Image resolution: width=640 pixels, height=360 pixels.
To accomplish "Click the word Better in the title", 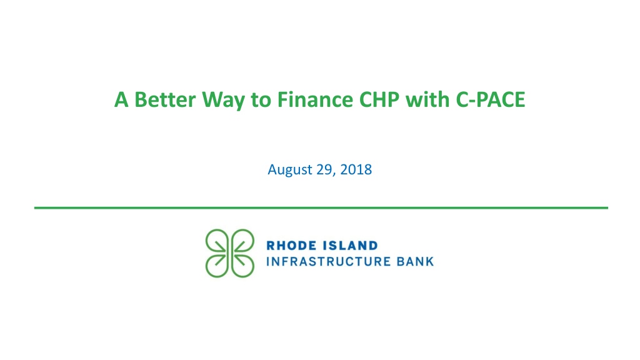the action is [165, 99].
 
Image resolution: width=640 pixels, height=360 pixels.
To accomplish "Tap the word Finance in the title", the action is [315, 99].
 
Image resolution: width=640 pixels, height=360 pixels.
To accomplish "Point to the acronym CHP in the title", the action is [379, 99].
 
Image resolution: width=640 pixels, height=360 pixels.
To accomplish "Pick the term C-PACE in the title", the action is [491, 99].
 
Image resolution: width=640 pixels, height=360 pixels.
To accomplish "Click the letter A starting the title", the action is [121, 99].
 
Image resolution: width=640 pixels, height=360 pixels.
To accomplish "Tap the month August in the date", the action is [290, 170].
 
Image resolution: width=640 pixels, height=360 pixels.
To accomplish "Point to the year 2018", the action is [356, 169].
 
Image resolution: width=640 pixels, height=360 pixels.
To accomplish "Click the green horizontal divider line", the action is [321, 207].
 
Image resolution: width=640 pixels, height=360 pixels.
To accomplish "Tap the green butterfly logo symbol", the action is [230, 254].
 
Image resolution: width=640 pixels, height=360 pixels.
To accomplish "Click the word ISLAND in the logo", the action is [350, 246].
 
